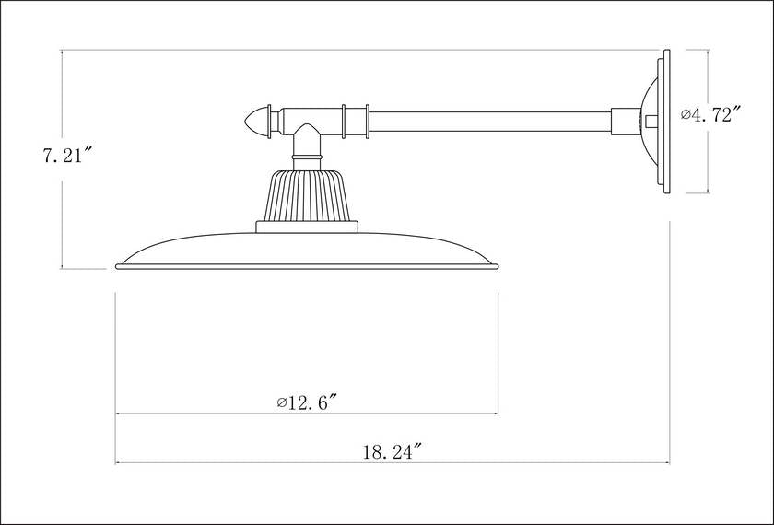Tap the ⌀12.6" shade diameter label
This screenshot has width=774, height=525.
(x=308, y=402)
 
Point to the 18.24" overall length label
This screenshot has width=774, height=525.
(x=392, y=451)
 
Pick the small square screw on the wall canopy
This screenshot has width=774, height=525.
(x=652, y=121)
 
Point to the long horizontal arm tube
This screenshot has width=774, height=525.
(x=488, y=121)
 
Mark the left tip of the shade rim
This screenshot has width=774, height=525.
(x=118, y=267)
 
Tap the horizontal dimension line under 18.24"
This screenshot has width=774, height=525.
(x=392, y=463)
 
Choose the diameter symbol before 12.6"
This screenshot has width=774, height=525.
(x=280, y=402)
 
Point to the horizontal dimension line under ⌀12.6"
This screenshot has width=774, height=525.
(x=308, y=414)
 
